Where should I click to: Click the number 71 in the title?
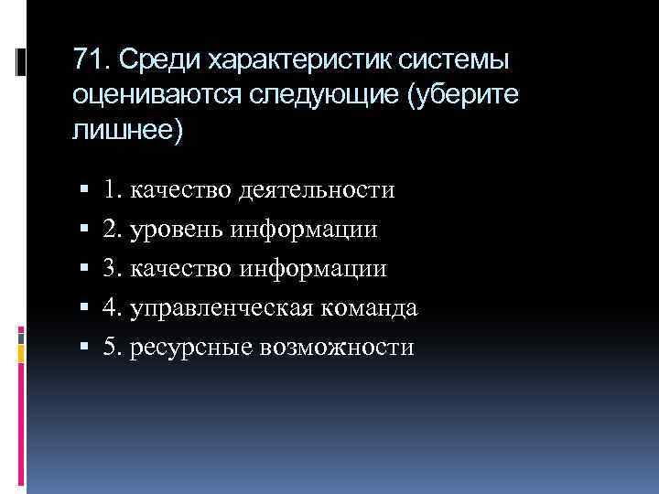pyautogui.click(x=88, y=60)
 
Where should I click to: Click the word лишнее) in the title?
pyautogui.click(x=127, y=130)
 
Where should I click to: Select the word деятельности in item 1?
pyautogui.click(x=317, y=190)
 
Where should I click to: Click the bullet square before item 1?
pyautogui.click(x=83, y=191)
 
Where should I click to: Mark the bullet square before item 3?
pyautogui.click(x=83, y=270)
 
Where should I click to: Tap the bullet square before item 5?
pyautogui.click(x=83, y=349)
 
